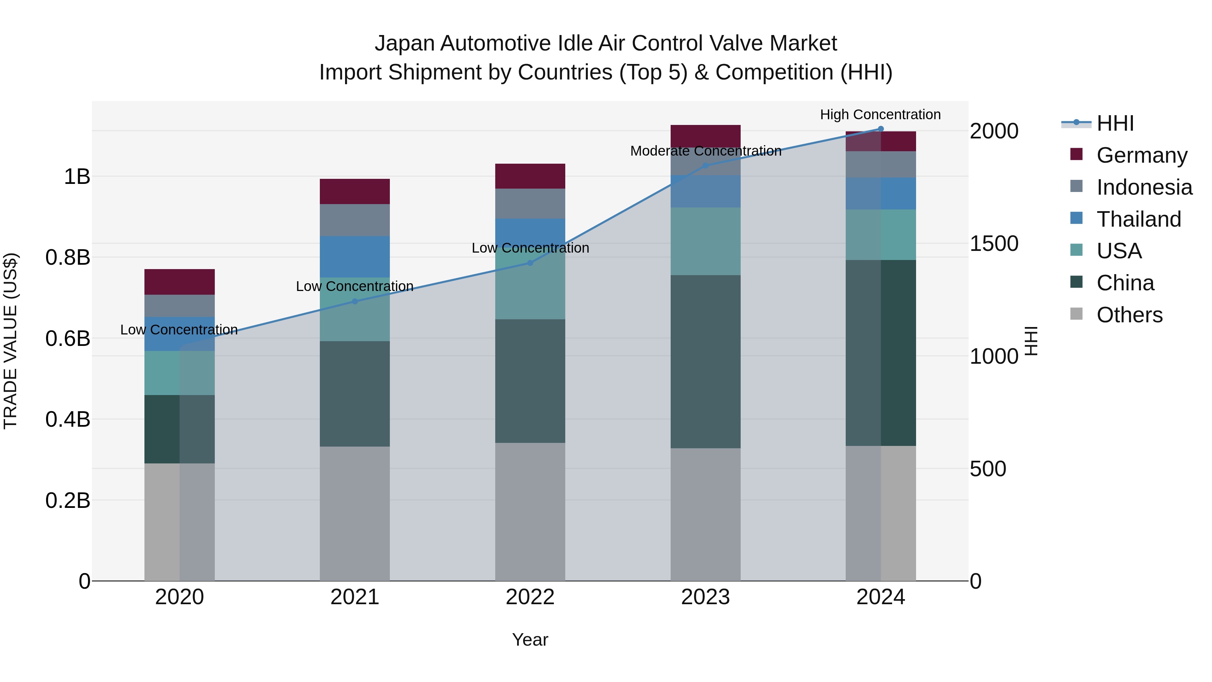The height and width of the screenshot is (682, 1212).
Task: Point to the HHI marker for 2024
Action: point(881,129)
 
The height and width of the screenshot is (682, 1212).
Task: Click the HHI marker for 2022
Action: point(530,263)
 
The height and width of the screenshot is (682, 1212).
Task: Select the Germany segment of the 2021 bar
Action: point(355,192)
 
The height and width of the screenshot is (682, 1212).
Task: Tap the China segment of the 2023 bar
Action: point(705,361)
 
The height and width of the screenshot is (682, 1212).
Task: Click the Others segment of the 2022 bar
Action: point(530,512)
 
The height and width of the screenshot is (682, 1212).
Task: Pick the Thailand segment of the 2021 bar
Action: point(355,257)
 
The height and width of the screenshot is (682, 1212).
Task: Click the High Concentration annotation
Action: point(880,115)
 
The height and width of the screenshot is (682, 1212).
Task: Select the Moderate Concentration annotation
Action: point(706,151)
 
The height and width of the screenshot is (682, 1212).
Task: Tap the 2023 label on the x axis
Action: point(705,597)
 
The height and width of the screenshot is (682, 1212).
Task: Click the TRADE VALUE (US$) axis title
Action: point(11,341)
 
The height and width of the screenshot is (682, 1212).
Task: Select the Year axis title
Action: point(530,640)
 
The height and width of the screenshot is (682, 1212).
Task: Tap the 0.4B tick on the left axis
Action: point(68,419)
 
